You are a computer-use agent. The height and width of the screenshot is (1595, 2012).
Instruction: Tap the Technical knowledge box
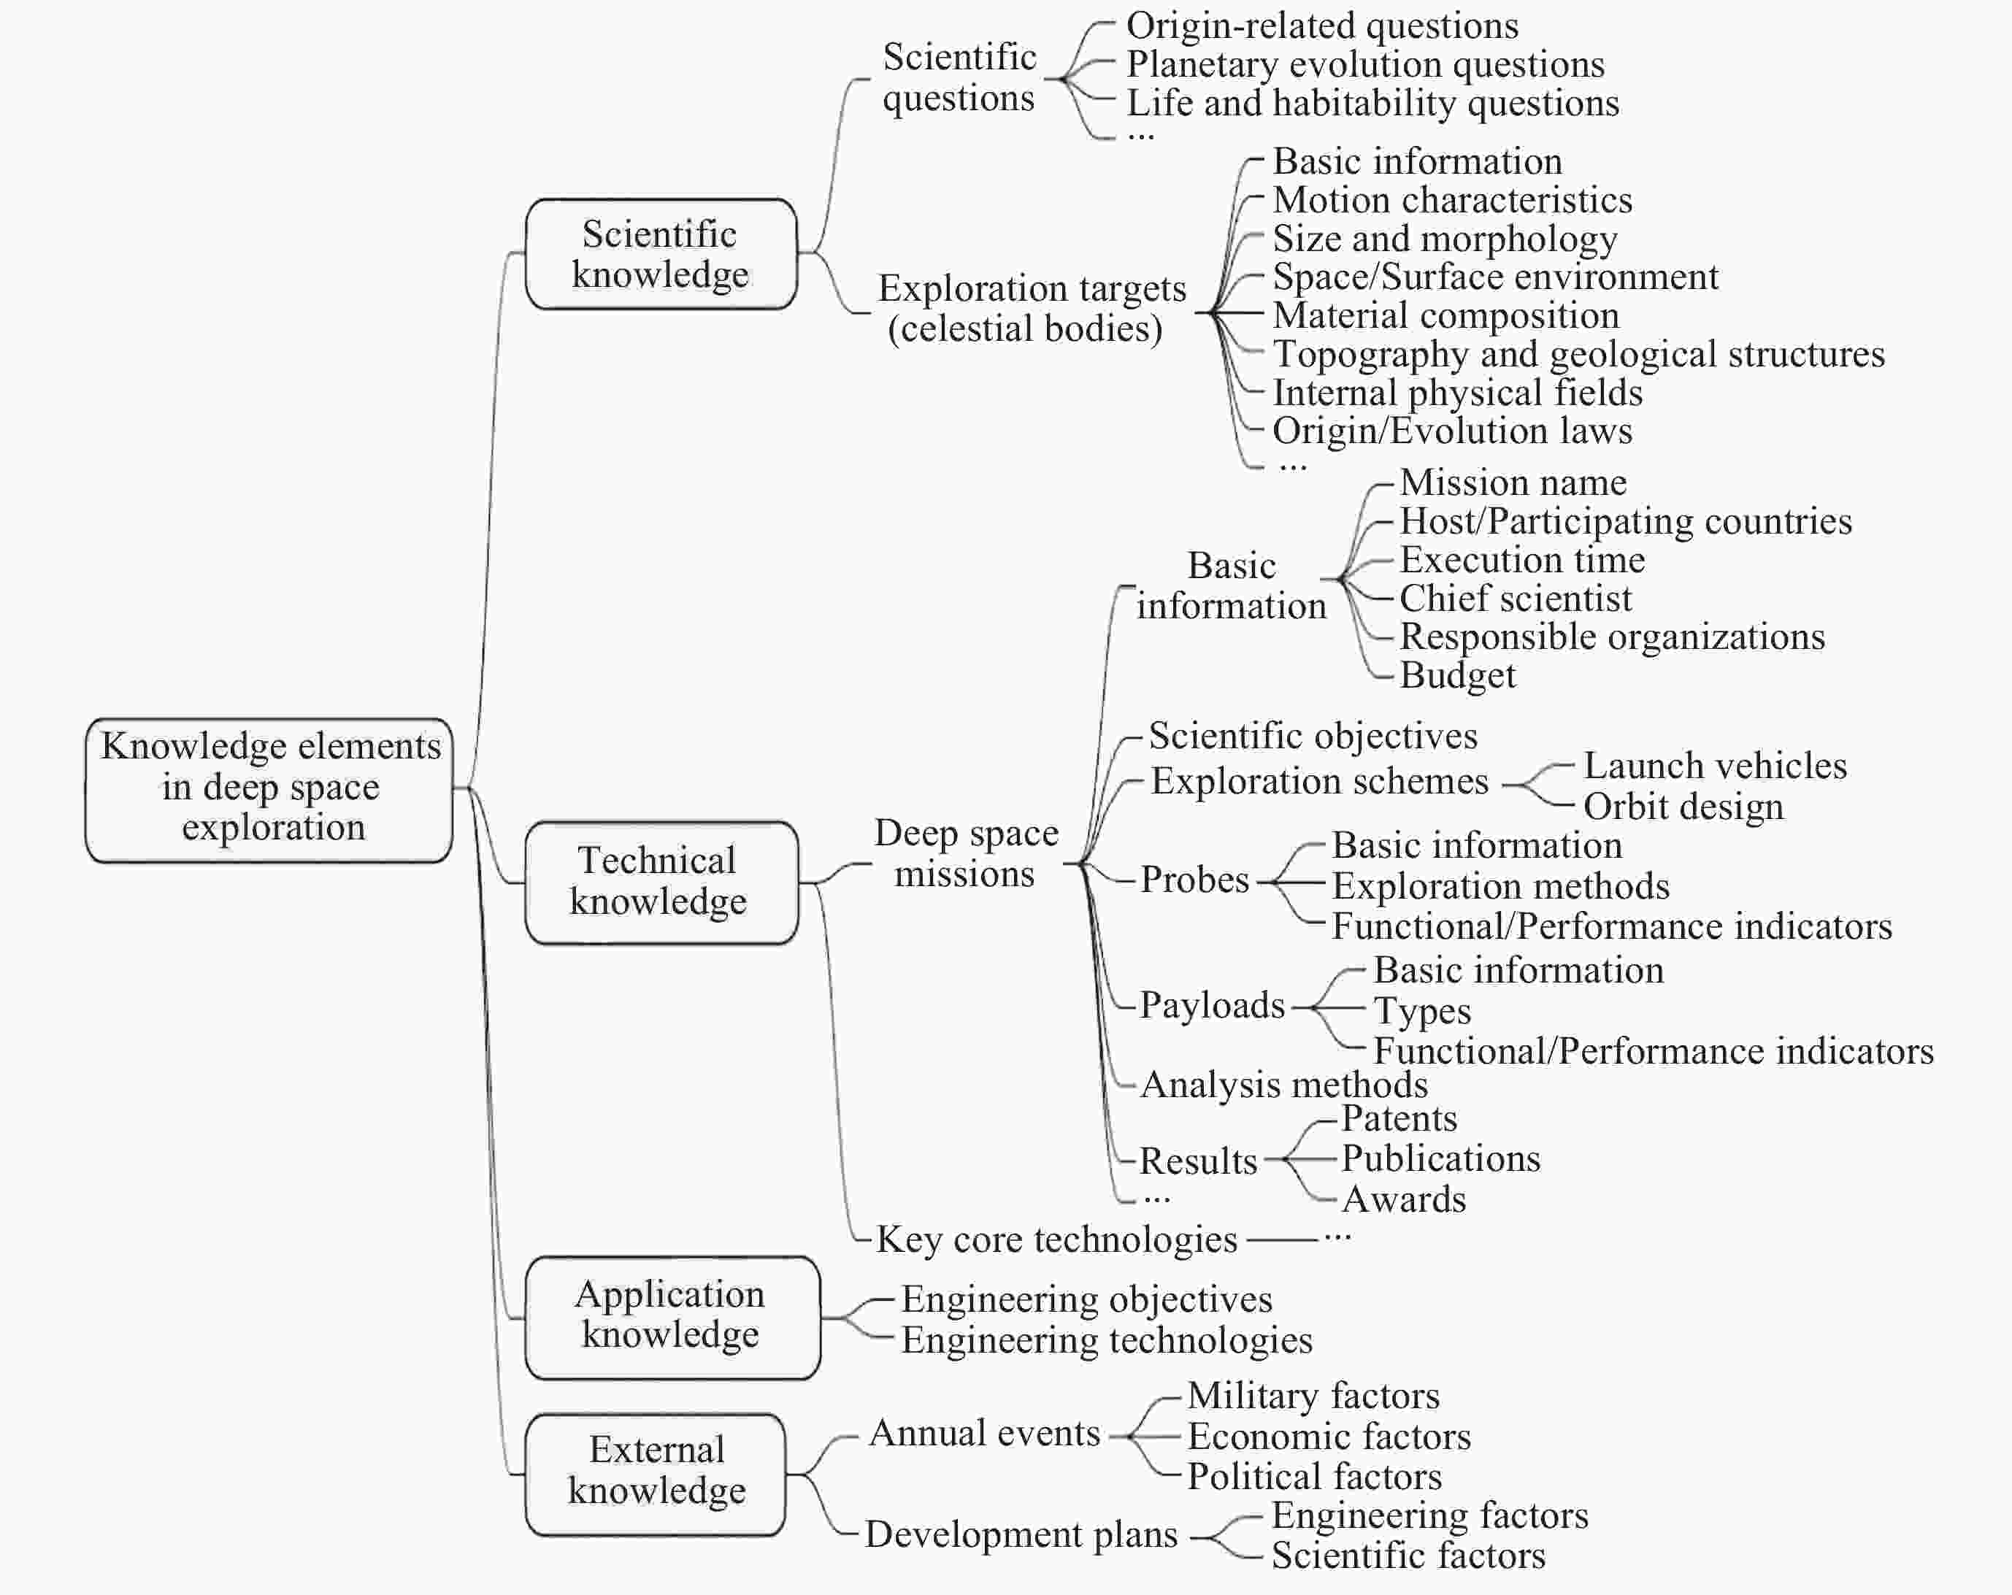(x=661, y=882)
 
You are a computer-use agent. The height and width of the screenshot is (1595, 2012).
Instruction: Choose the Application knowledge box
(x=672, y=1317)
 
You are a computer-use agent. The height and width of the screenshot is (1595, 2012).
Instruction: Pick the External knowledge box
(x=655, y=1474)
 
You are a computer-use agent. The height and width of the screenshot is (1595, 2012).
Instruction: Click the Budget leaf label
(x=1458, y=674)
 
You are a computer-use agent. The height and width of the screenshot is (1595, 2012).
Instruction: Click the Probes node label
(x=1194, y=879)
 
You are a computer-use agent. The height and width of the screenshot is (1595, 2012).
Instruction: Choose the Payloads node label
(x=1213, y=1005)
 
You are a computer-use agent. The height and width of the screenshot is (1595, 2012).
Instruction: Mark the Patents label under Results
(x=1399, y=1118)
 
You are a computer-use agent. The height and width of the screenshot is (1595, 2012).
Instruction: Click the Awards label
(x=1405, y=1199)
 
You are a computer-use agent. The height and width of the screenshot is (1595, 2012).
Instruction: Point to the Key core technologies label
(x=1056, y=1240)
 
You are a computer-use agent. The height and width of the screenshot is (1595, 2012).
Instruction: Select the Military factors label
(x=1313, y=1395)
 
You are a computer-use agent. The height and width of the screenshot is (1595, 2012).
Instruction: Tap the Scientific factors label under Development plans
(x=1408, y=1556)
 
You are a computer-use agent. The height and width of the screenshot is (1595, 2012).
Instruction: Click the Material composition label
(x=1445, y=315)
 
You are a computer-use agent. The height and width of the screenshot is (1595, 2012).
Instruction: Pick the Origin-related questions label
(x=1322, y=26)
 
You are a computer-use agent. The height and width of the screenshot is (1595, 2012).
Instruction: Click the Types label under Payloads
(x=1422, y=1011)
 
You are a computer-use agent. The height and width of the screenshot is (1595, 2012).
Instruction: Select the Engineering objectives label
(x=1086, y=1299)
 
